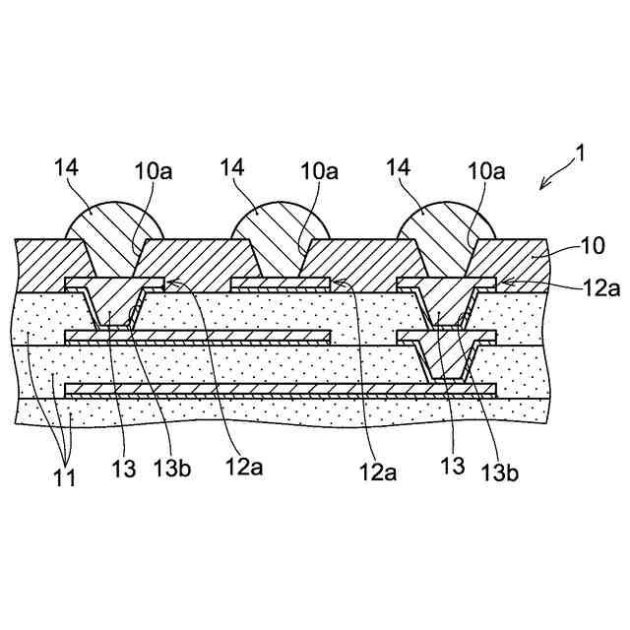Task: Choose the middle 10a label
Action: (319, 172)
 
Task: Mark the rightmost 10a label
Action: (485, 172)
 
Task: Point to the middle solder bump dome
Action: (271, 228)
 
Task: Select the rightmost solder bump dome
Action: (439, 228)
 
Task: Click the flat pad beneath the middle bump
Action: (281, 283)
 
